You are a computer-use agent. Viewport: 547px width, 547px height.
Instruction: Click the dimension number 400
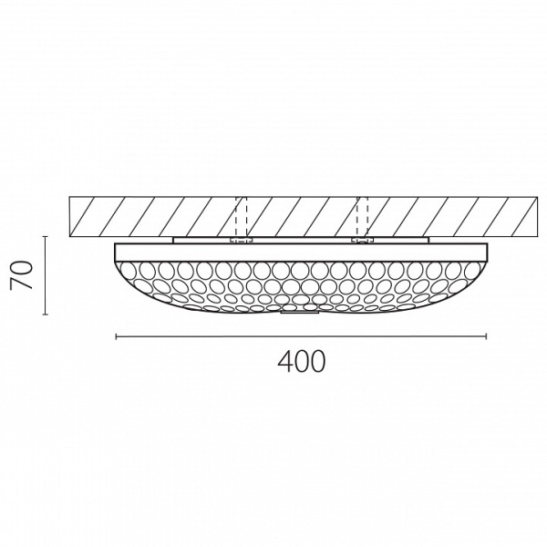point(300,362)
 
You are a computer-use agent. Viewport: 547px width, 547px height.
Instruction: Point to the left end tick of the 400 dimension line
point(116,336)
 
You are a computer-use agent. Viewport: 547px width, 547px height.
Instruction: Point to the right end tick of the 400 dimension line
point(486,336)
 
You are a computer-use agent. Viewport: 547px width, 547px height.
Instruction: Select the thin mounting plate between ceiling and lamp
point(300,241)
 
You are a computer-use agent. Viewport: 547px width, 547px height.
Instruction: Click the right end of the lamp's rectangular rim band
point(486,251)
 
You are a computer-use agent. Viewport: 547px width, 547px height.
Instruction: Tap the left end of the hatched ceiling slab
point(72,215)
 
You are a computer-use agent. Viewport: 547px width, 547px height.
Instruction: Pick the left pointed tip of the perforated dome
point(116,262)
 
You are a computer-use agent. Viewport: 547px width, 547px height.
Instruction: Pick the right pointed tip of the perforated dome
point(487,262)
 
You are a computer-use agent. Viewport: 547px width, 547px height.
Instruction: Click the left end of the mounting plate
point(174,241)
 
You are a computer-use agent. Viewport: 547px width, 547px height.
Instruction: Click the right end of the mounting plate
point(428,241)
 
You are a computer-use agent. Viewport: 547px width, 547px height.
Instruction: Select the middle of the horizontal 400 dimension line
point(301,336)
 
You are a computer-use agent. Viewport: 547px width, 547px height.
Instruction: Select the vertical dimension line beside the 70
point(45,274)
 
